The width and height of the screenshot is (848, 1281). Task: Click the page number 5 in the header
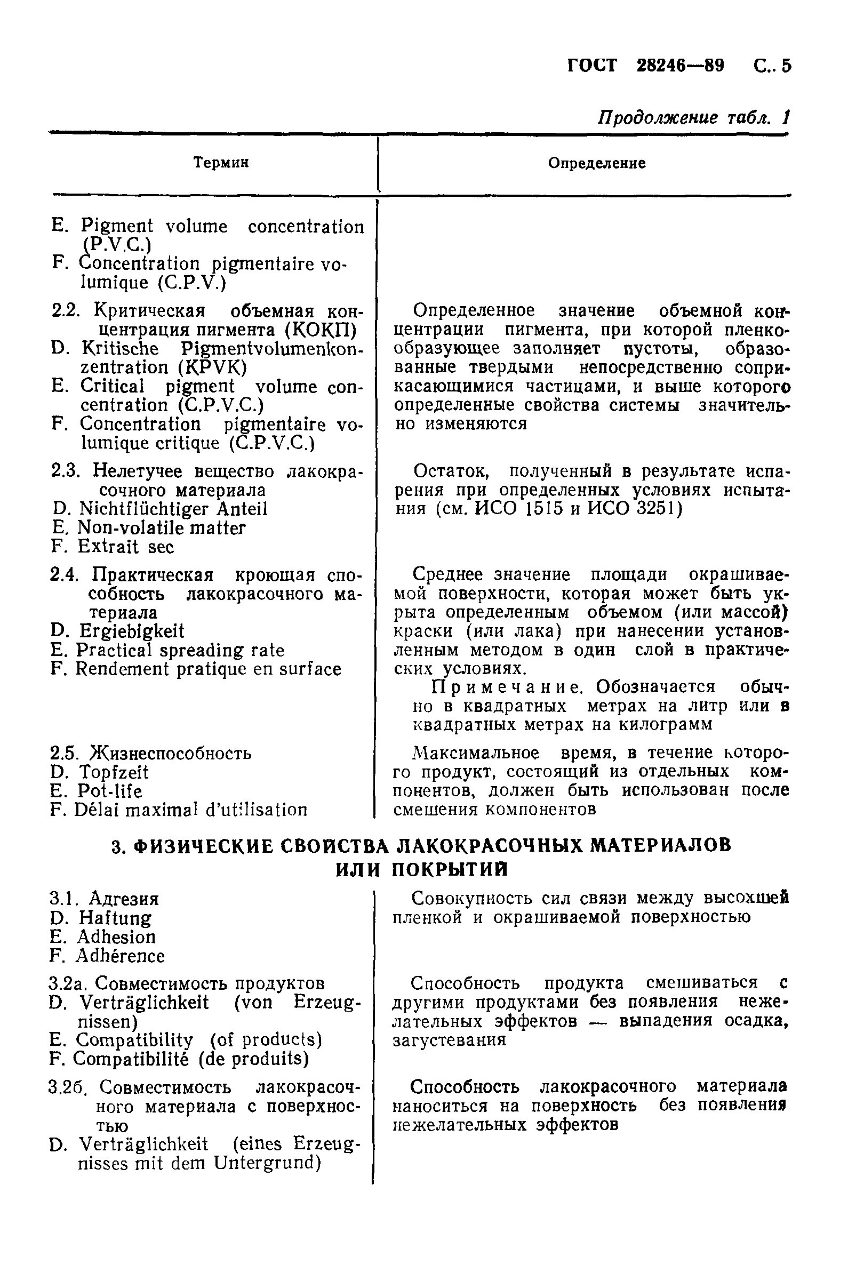[x=785, y=66]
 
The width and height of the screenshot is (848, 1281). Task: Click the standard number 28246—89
[x=680, y=66]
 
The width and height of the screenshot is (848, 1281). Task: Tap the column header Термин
[x=221, y=162]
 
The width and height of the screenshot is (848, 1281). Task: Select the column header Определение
[x=596, y=163]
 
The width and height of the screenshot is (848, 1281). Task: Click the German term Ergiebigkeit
[x=131, y=631]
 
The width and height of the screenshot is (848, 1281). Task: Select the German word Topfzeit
[x=114, y=772]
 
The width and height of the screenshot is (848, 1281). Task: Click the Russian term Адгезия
[x=124, y=899]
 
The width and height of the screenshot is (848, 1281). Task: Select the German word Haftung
[x=115, y=918]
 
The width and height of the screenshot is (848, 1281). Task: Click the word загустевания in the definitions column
[x=450, y=1040]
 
